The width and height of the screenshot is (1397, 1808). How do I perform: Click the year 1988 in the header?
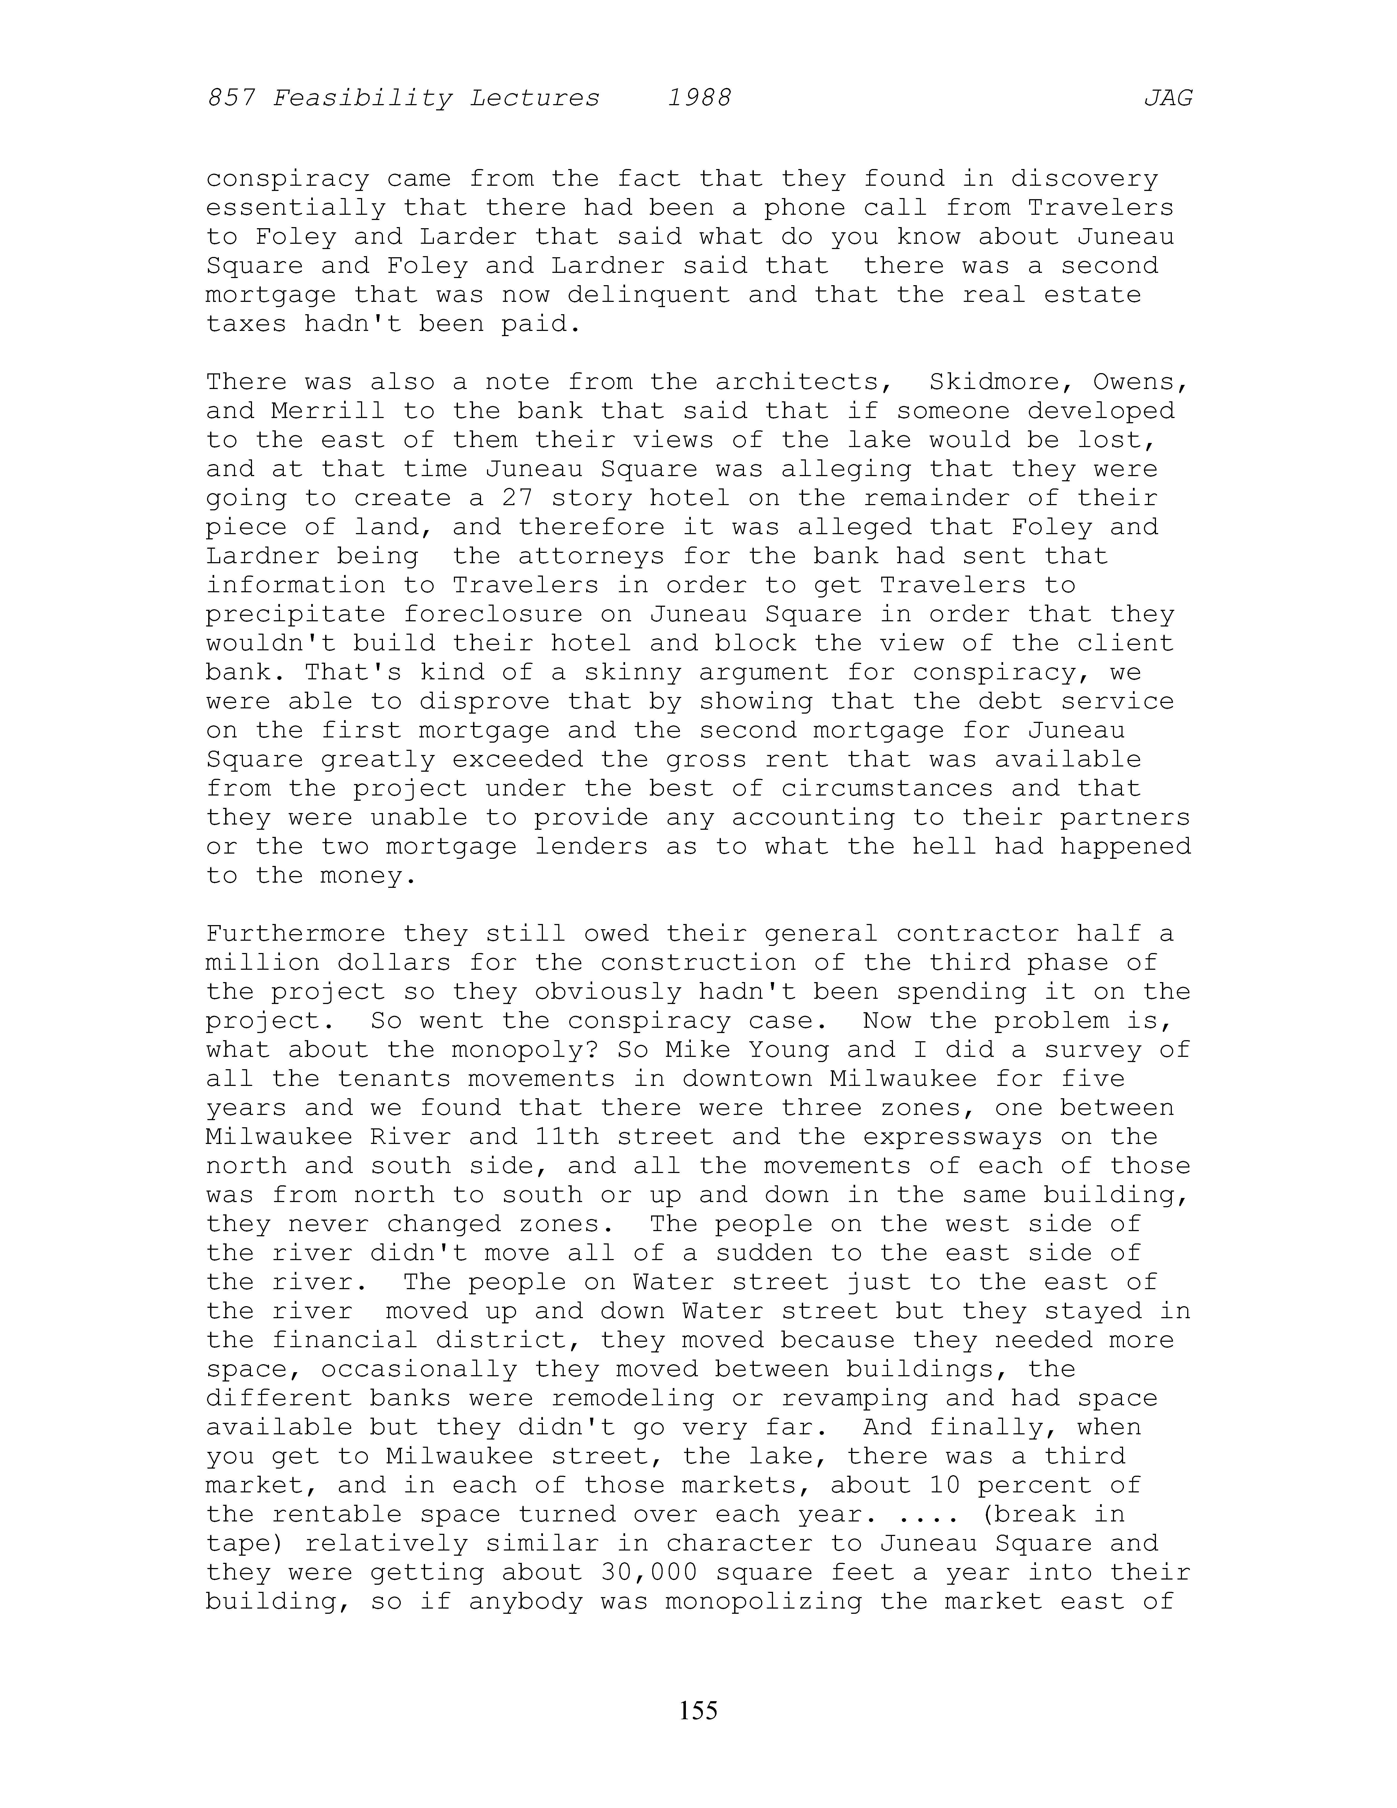(x=699, y=99)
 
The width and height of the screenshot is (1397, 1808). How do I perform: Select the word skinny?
(x=625, y=672)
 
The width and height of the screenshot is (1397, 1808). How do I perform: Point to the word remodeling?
(x=632, y=1398)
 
